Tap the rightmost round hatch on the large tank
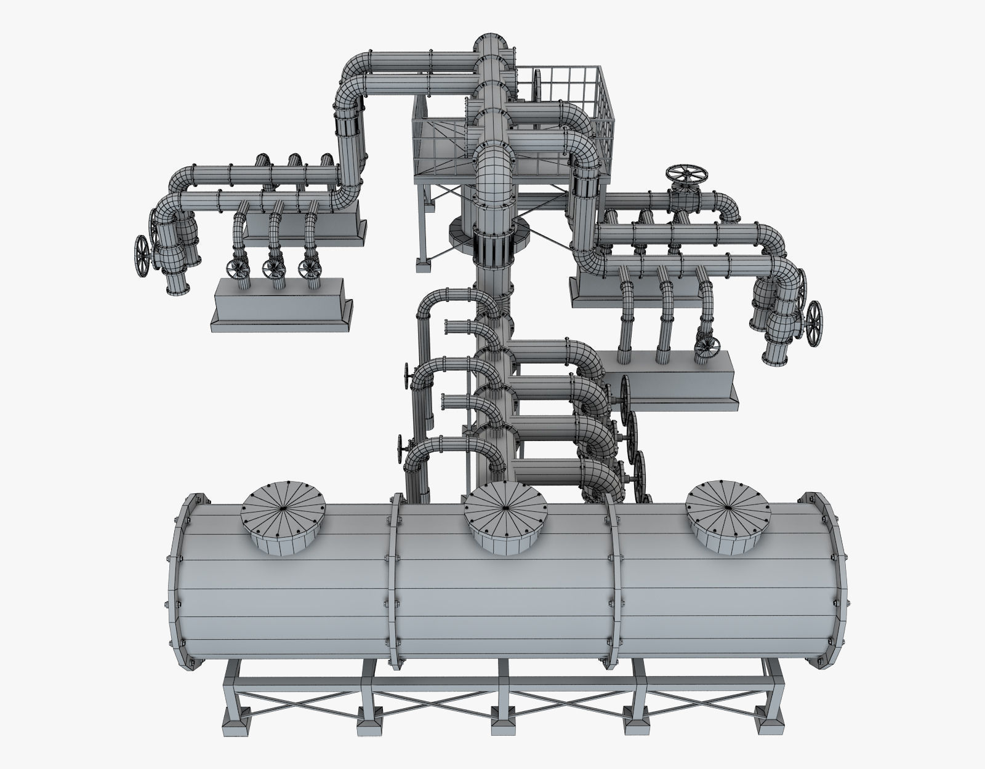[728, 508]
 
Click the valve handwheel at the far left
[142, 253]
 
